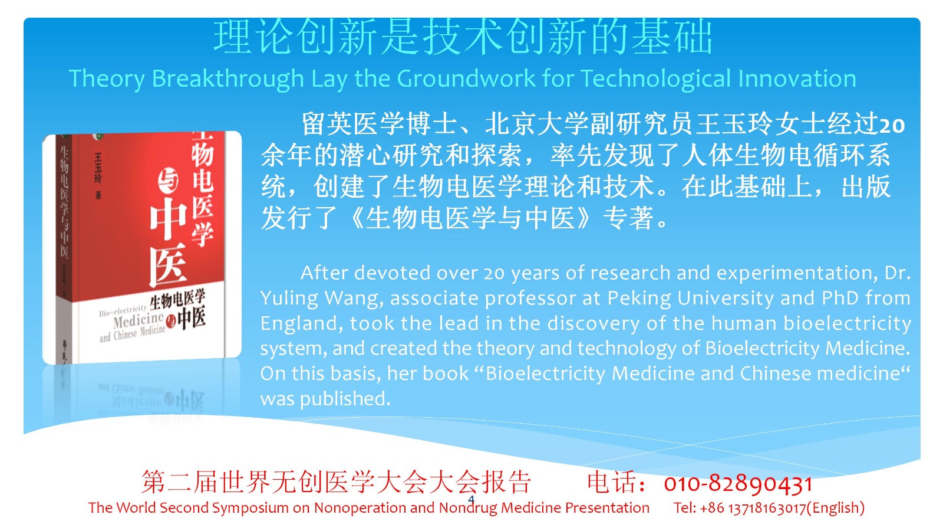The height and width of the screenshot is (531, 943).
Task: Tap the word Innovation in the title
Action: pyautogui.click(x=797, y=78)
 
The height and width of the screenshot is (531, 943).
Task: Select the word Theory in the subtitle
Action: pyautogui.click(x=107, y=80)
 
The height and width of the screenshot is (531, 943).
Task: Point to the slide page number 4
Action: pyautogui.click(x=471, y=499)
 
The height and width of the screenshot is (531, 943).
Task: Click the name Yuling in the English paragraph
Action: pyautogui.click(x=289, y=299)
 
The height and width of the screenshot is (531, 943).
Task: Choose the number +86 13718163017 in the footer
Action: pyautogui.click(x=753, y=508)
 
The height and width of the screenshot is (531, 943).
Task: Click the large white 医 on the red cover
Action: pyautogui.click(x=169, y=265)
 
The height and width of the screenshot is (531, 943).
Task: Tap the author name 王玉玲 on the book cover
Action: pyautogui.click(x=98, y=168)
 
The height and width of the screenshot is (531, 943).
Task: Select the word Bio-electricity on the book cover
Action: pyautogui.click(x=123, y=310)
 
